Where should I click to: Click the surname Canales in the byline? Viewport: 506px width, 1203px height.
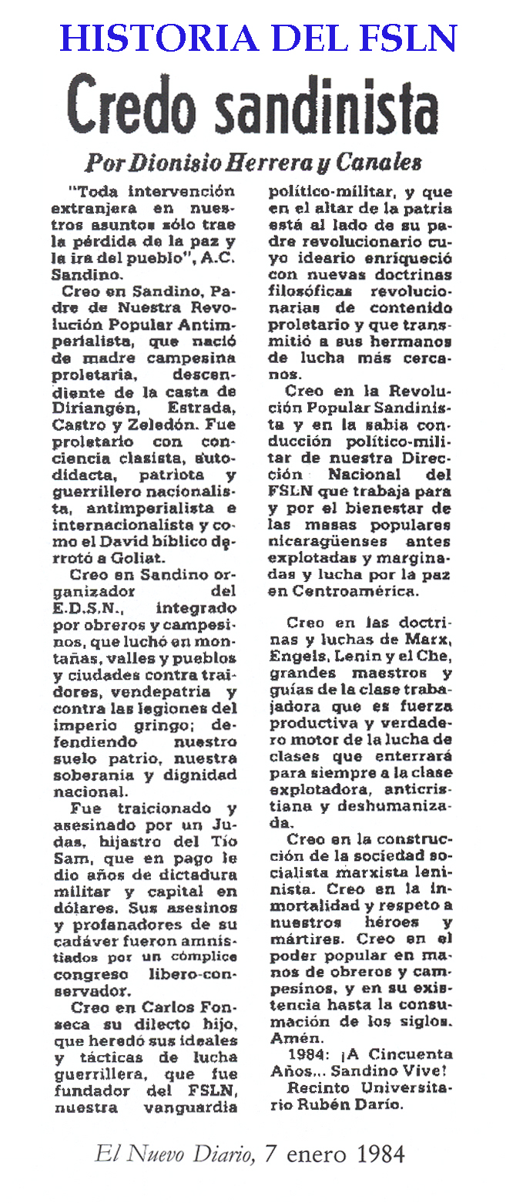(x=381, y=163)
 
